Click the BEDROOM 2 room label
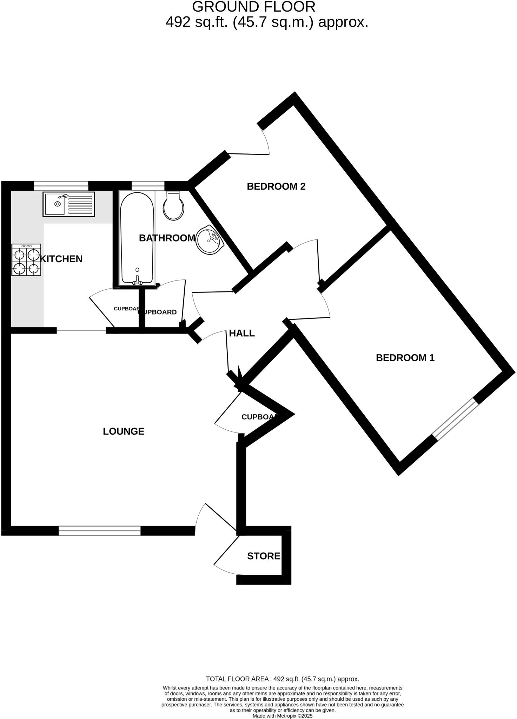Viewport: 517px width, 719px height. click(x=276, y=186)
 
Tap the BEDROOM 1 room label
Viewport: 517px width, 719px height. click(x=405, y=358)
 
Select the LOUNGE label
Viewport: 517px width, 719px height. click(x=124, y=431)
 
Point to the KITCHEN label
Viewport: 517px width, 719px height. click(x=61, y=259)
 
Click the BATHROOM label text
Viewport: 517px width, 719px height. click(x=167, y=238)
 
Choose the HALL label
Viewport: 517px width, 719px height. click(x=241, y=333)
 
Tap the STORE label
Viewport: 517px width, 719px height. click(x=264, y=556)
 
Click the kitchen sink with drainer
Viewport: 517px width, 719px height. click(x=69, y=204)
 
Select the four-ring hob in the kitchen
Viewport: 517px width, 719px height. click(x=26, y=260)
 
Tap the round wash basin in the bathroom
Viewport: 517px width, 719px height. click(x=210, y=239)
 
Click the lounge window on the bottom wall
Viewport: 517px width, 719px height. click(x=99, y=531)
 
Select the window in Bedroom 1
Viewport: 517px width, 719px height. click(x=455, y=420)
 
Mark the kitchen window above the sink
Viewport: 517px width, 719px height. click(x=61, y=185)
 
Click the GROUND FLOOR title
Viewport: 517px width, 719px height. click(x=254, y=7)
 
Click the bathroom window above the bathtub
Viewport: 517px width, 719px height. click(x=148, y=185)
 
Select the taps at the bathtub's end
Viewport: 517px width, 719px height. click(x=137, y=280)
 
